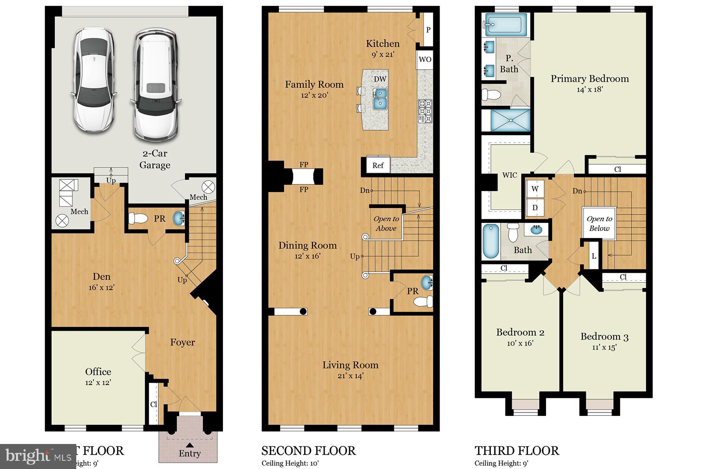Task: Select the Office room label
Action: (x=98, y=372)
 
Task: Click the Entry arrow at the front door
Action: (x=190, y=445)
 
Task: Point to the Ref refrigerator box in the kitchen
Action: (x=377, y=165)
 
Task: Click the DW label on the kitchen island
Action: (x=380, y=79)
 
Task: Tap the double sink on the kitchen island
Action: (x=380, y=98)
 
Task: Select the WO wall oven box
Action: (x=425, y=59)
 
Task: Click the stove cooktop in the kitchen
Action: (x=425, y=111)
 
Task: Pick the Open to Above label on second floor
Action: (x=386, y=224)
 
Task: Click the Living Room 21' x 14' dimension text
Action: (x=350, y=376)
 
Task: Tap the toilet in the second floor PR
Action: (x=423, y=301)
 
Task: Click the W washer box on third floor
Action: (x=535, y=189)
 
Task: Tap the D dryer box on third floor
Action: (x=535, y=208)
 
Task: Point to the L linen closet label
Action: (x=594, y=256)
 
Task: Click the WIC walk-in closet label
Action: (x=509, y=175)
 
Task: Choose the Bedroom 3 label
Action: (x=604, y=337)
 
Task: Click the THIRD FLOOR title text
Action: (x=517, y=451)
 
